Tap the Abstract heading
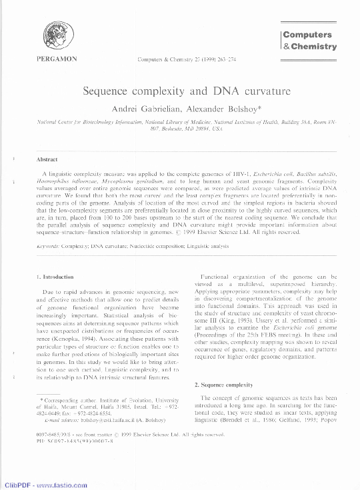click(47, 159)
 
